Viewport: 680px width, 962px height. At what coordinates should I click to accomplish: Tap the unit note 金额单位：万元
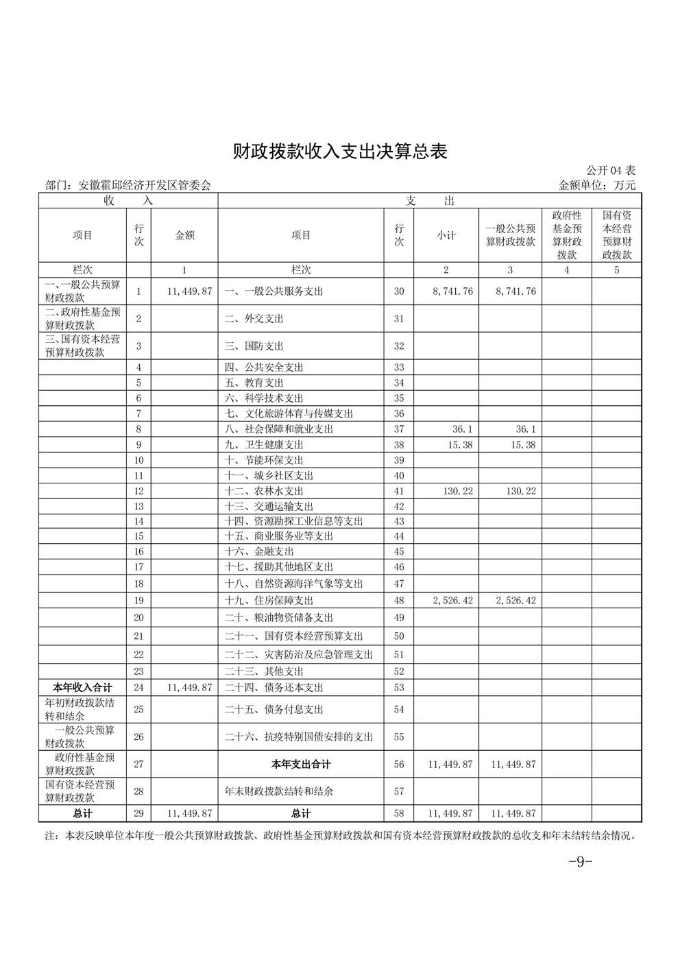(598, 185)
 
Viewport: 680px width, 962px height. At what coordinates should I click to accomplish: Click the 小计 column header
(446, 235)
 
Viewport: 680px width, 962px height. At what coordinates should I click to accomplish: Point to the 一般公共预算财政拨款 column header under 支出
(511, 235)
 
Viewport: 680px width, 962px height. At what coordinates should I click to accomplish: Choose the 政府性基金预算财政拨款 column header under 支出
(567, 235)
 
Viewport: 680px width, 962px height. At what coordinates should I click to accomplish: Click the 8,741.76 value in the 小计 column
(452, 291)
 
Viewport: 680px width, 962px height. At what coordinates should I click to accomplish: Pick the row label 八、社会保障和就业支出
(279, 429)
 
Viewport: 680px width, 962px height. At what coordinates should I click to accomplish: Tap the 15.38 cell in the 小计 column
(460, 445)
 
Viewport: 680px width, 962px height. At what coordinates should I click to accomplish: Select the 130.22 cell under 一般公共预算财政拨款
(521, 491)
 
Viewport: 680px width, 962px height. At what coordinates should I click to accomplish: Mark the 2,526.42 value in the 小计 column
(452, 601)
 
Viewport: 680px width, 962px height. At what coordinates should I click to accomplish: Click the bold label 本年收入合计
(83, 687)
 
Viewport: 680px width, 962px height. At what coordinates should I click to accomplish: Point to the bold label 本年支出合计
(301, 765)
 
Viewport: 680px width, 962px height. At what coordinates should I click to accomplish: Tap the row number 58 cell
(399, 814)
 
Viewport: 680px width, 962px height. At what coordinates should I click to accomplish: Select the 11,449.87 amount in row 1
(189, 291)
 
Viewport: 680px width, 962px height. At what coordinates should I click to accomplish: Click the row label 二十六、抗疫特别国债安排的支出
(299, 737)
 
